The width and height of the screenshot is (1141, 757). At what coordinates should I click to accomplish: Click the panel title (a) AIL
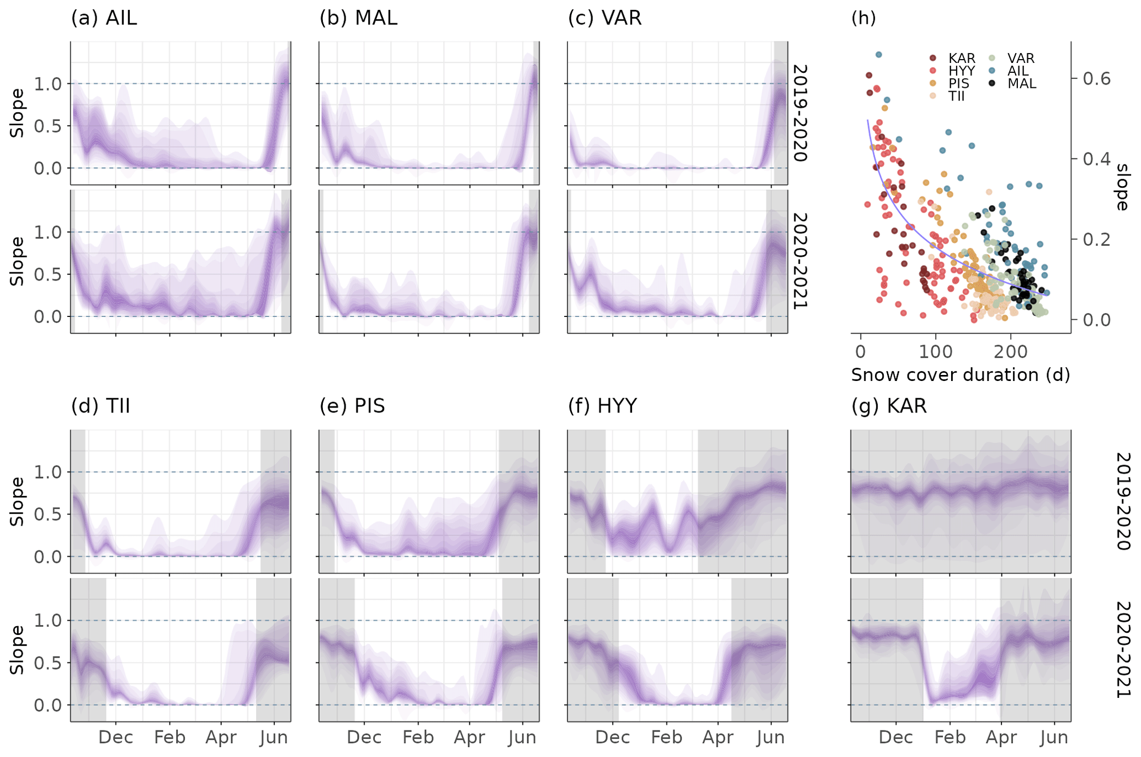(104, 18)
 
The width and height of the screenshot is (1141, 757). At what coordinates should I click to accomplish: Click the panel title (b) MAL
(358, 18)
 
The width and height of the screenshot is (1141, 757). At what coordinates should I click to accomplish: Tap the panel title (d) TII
(100, 406)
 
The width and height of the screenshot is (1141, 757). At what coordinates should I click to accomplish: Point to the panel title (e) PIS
(352, 406)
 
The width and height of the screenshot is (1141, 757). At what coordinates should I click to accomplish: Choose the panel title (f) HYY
(602, 406)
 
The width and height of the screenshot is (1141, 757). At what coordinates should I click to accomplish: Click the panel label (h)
(863, 18)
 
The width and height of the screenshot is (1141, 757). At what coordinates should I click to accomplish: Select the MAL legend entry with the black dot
(1021, 84)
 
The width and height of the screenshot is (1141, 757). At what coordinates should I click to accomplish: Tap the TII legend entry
(956, 96)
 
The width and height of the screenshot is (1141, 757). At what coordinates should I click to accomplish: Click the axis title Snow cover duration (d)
(960, 375)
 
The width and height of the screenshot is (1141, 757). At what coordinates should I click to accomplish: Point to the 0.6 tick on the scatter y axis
(1096, 78)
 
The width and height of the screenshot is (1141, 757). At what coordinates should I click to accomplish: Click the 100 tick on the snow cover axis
(936, 352)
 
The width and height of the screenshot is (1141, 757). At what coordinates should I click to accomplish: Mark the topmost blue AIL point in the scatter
(879, 55)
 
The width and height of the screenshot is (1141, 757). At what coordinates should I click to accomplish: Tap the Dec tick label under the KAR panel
(896, 738)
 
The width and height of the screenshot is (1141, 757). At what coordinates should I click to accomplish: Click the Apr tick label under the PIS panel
(469, 738)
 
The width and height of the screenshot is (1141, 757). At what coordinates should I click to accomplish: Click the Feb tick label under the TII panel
(169, 738)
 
